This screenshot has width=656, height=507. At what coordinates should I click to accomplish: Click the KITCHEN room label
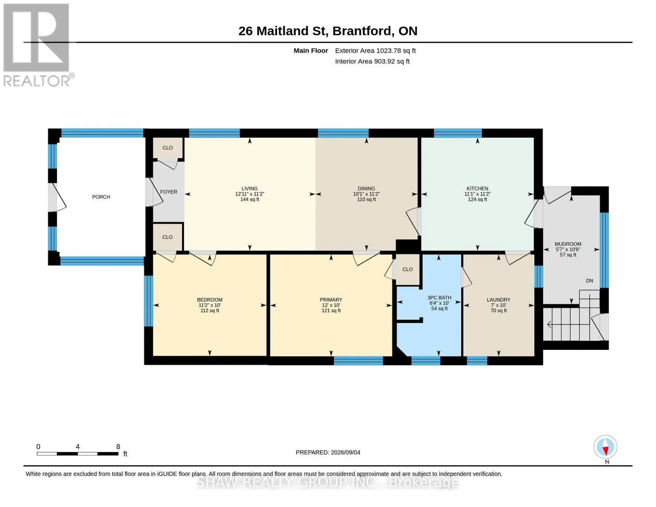tap(477, 188)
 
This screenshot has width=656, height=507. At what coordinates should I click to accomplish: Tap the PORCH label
tap(101, 197)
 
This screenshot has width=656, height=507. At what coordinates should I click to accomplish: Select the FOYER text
tap(169, 192)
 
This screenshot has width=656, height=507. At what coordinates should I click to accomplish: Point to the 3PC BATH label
tap(439, 298)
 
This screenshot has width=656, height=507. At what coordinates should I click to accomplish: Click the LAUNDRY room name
tap(498, 300)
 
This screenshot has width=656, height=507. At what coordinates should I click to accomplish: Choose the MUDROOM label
tap(568, 244)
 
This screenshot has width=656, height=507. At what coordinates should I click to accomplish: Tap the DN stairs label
tap(590, 281)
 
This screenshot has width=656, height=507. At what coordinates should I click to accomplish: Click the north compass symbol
tap(605, 447)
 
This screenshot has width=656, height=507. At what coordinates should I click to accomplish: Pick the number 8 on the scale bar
tap(118, 447)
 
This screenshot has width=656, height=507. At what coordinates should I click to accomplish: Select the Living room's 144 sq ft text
tap(250, 199)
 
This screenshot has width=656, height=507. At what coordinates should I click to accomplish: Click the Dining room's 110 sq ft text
tap(367, 199)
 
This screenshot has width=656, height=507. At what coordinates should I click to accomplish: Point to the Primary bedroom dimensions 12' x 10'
tap(331, 305)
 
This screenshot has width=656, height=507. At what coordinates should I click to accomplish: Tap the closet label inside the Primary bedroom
tap(408, 270)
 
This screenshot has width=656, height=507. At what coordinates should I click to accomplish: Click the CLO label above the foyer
tap(168, 147)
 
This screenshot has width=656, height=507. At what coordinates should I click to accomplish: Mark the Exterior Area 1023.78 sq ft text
tap(375, 51)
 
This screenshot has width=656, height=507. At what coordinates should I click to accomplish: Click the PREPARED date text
tap(328, 452)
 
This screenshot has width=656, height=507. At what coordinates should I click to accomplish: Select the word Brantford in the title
tap(362, 31)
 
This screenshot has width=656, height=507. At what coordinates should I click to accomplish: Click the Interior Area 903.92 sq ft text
tap(372, 61)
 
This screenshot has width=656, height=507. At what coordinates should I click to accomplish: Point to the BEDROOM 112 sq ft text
tap(210, 311)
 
